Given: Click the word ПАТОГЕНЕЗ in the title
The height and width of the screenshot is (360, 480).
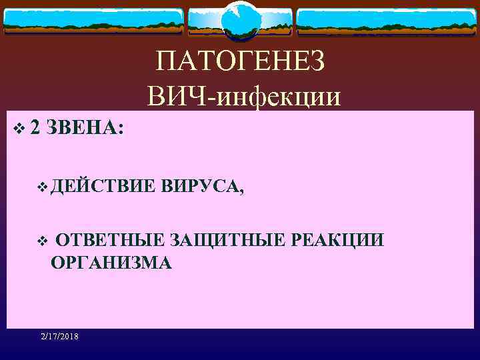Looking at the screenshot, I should pyautogui.click(x=241, y=63).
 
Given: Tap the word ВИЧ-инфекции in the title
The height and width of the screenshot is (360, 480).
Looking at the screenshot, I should pyautogui.click(x=245, y=97).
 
